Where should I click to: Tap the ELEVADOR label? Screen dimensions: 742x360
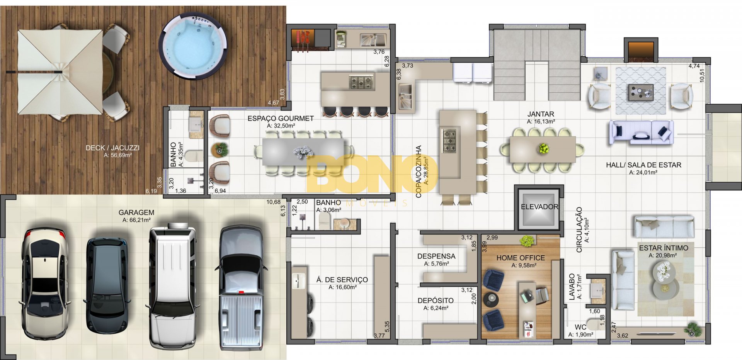click(x=539, y=207)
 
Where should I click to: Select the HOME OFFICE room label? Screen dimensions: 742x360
click(x=521, y=258)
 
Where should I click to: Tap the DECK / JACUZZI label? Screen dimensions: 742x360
click(x=112, y=148)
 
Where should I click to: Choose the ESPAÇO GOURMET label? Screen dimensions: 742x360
click(x=281, y=119)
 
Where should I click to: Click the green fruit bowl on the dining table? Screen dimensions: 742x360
click(x=544, y=148)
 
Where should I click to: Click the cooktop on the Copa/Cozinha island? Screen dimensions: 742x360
click(x=449, y=141)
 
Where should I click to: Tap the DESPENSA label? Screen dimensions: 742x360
click(x=436, y=256)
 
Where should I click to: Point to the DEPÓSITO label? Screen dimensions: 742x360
click(x=436, y=301)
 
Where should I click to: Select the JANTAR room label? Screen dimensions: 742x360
click(x=541, y=114)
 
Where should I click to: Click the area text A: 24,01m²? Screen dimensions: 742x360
click(x=643, y=173)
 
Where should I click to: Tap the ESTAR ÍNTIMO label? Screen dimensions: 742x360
click(x=664, y=248)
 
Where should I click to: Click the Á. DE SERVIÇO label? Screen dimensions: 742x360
click(x=342, y=280)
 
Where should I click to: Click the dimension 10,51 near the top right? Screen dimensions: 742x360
click(x=702, y=73)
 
